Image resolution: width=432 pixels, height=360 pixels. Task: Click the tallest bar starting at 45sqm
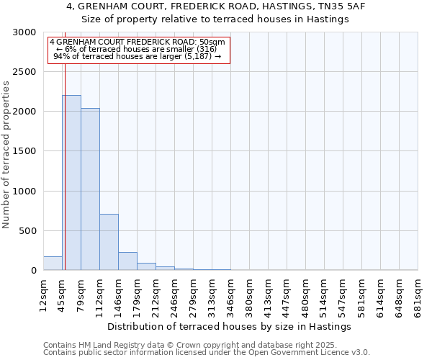[x=71, y=183]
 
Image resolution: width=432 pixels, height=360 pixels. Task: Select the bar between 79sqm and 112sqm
[x=90, y=189]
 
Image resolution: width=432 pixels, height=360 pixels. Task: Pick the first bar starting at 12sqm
[x=53, y=264]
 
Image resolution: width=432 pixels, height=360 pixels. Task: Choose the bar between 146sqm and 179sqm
[x=127, y=261]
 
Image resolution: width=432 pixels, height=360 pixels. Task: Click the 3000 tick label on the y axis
[x=25, y=33]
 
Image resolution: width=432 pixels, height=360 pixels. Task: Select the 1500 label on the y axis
[x=25, y=152]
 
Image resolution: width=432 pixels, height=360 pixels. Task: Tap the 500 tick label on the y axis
[x=28, y=231]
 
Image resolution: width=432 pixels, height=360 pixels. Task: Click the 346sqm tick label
[x=231, y=294]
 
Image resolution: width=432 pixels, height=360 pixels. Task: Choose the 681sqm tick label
[x=418, y=294]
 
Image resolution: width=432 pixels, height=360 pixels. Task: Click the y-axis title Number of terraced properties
[x=6, y=155]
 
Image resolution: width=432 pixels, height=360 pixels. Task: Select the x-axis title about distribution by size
[x=230, y=326]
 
